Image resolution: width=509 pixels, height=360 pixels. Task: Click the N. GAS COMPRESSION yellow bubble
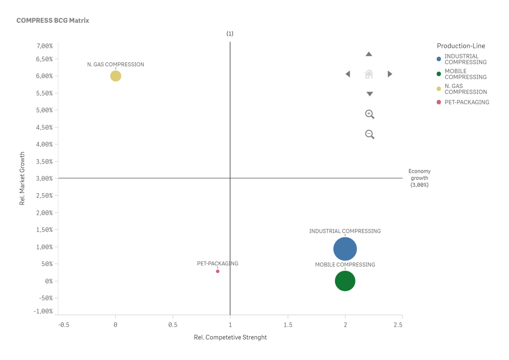[x=116, y=76]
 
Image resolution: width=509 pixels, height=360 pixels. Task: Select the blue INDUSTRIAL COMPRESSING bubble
[x=345, y=249]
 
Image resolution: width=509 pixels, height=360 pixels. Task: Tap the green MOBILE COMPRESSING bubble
[x=345, y=281]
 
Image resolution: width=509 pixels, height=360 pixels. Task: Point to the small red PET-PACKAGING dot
[x=218, y=271]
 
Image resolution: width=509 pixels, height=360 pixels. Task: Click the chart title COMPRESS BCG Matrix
[x=53, y=21]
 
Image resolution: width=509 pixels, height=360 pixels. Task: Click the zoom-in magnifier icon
[x=370, y=114]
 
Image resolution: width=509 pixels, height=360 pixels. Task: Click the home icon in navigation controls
[x=369, y=74]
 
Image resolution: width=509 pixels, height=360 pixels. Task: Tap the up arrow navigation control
[x=369, y=54]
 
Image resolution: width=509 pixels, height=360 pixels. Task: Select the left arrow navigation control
[x=348, y=74]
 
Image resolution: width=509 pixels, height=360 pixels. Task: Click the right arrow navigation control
[x=390, y=74]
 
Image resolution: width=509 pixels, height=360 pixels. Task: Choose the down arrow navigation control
[x=370, y=94]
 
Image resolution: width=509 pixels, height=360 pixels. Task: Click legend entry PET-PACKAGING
[x=467, y=102]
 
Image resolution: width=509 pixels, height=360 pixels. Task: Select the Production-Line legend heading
[x=461, y=46]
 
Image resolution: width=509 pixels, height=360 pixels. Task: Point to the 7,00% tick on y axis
[x=44, y=46]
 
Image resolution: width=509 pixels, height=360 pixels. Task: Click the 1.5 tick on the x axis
[x=288, y=325]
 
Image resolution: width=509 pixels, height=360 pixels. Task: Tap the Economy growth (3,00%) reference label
[x=419, y=178]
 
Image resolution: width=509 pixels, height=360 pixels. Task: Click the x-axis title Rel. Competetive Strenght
[x=230, y=337]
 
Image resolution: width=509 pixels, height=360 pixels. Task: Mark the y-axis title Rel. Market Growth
[x=22, y=178]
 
